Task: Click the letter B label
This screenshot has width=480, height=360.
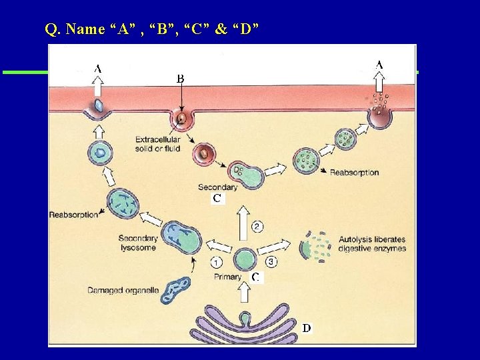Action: pyautogui.click(x=180, y=78)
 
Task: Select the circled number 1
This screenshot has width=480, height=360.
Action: pyautogui.click(x=217, y=261)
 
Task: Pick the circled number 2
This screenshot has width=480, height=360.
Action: pyautogui.click(x=257, y=227)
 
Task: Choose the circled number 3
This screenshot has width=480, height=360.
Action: pyautogui.click(x=272, y=261)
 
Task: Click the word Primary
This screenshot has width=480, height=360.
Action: pyautogui.click(x=228, y=277)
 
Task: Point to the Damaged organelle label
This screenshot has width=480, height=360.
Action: pyautogui.click(x=122, y=290)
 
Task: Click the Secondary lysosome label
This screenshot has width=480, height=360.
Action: pyautogui.click(x=137, y=243)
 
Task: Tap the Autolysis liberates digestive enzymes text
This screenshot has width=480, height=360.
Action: pyautogui.click(x=371, y=244)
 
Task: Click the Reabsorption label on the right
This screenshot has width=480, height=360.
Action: pyautogui.click(x=354, y=173)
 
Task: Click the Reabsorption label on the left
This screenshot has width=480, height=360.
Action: pyautogui.click(x=73, y=215)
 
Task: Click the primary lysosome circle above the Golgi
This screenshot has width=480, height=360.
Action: pyautogui.click(x=245, y=260)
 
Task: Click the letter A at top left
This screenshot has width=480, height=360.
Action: pyautogui.click(x=98, y=68)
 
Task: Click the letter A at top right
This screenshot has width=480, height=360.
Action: pyautogui.click(x=379, y=65)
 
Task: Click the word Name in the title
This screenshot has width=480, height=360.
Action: pyautogui.click(x=86, y=29)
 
